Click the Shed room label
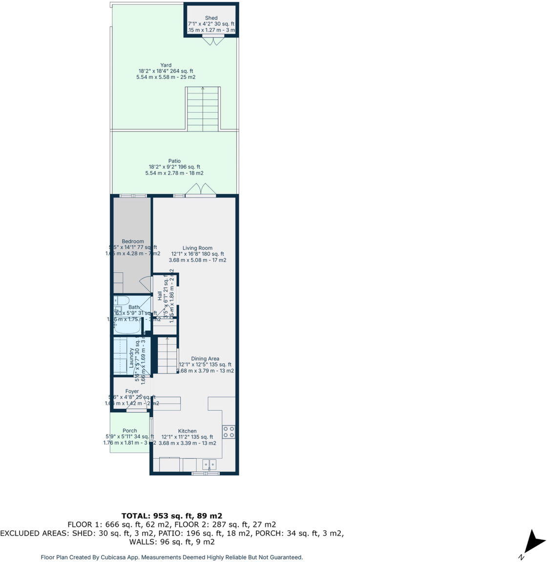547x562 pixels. point(211,18)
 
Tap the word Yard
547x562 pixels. point(166,65)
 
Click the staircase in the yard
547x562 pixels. point(203,109)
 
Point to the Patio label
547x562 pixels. point(174,161)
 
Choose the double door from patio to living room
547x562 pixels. point(200,190)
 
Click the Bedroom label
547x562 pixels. point(133,241)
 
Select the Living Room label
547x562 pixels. point(197,248)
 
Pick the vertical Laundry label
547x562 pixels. point(131,359)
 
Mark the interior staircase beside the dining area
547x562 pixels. point(167,356)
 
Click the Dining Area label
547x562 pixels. point(205,359)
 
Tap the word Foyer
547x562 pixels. point(132,391)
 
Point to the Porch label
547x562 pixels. point(130,431)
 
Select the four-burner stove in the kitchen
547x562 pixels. point(229,432)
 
